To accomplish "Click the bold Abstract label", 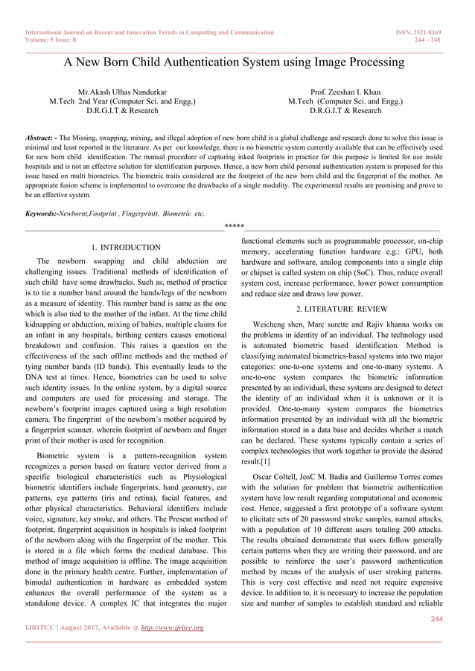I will tap(41, 138).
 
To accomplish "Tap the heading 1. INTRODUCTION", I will tap(126, 247).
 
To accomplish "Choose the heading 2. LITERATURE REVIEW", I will tap(342, 308).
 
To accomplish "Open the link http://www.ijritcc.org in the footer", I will tap(171, 628).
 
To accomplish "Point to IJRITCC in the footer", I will tap(42, 628).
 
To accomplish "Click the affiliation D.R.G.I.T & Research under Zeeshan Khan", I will tap(345, 111).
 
